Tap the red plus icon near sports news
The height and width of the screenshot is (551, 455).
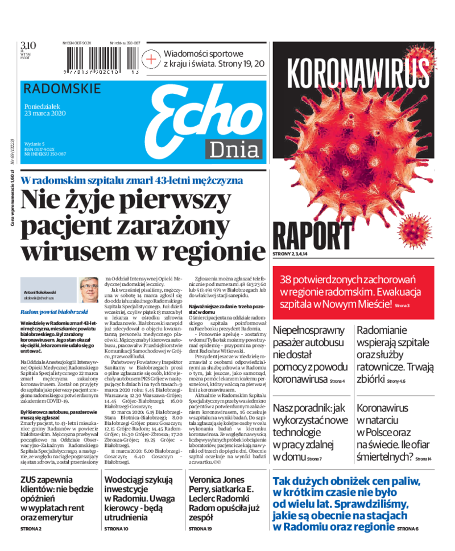[152, 59]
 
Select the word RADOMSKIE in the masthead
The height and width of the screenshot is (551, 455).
[63, 89]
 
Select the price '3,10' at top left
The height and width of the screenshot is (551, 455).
[28, 45]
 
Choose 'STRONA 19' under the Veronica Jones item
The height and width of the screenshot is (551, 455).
[201, 529]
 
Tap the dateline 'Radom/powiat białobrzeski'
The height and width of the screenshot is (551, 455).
[54, 312]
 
